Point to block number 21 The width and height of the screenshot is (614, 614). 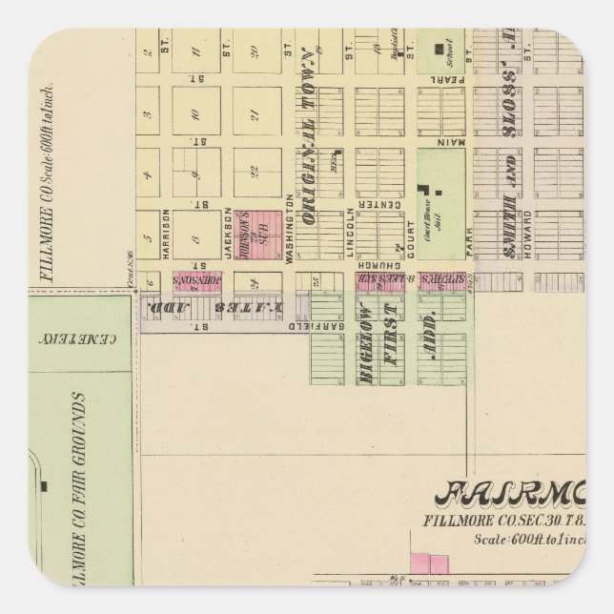coord(257,113)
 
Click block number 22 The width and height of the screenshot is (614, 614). coord(257,172)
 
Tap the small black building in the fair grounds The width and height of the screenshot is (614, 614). coord(45,486)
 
